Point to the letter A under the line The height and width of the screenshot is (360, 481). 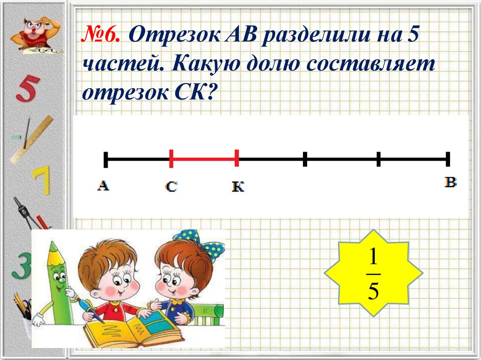(x=103, y=186)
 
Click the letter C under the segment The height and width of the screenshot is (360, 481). (x=171, y=187)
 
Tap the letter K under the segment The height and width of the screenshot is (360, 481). (x=238, y=187)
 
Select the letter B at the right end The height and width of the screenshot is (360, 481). (x=450, y=183)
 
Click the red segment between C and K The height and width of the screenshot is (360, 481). (x=204, y=159)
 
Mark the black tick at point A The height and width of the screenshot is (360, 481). (x=106, y=159)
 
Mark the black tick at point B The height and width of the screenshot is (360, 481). (x=448, y=159)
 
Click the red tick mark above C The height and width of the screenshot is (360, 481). (x=171, y=159)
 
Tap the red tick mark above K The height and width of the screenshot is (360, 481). (x=237, y=159)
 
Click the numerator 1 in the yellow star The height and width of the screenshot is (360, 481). (x=373, y=257)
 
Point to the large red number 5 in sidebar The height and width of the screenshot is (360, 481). (x=25, y=90)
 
